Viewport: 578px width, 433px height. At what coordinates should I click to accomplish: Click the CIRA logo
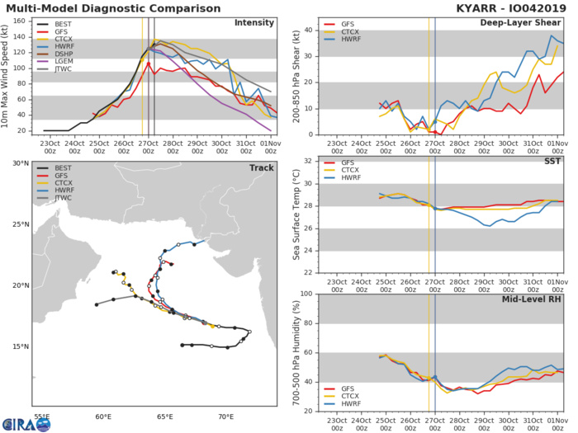point(26,421)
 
